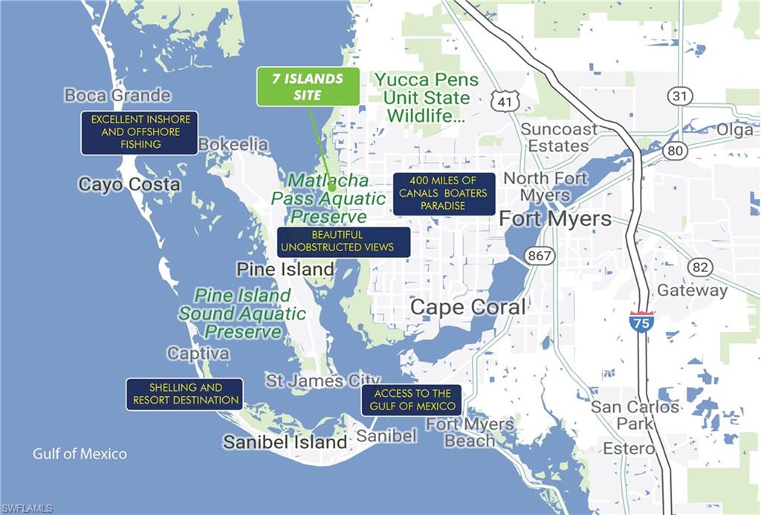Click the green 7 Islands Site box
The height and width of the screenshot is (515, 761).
click(x=308, y=86)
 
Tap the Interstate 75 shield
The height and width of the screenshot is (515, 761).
click(x=641, y=321)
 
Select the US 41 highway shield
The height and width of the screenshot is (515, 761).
click(x=505, y=102)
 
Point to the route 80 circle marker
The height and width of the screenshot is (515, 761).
click(x=675, y=151)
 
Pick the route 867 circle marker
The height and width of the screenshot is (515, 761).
click(x=539, y=256)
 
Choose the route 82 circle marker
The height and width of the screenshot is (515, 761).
click(x=699, y=268)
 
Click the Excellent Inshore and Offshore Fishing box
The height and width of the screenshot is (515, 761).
click(x=140, y=133)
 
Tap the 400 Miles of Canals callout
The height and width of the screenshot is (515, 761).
click(x=444, y=194)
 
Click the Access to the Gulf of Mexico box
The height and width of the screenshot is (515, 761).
click(x=412, y=400)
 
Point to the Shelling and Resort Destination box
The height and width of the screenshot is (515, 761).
click(x=185, y=394)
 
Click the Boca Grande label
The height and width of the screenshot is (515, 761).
click(x=117, y=95)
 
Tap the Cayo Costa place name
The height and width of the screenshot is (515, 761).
click(x=129, y=184)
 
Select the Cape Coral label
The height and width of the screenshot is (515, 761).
click(x=467, y=307)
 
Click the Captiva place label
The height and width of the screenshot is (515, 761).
click(x=198, y=353)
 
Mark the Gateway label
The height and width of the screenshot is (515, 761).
click(x=692, y=291)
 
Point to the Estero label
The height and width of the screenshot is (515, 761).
click(x=629, y=449)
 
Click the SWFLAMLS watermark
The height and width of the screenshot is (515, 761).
click(x=27, y=508)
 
